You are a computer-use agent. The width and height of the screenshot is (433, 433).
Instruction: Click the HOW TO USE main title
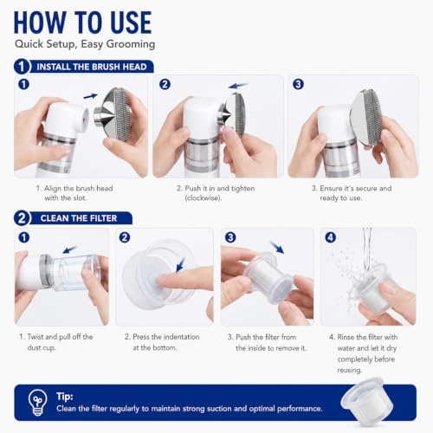coord(82,23)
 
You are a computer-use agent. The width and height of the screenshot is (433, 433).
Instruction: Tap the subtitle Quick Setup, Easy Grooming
coord(85,44)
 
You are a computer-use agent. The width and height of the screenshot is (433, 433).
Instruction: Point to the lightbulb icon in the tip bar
coord(37,402)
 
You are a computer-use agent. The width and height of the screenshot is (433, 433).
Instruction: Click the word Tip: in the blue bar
coord(65,397)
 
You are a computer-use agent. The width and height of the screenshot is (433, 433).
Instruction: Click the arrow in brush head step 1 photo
coord(90,96)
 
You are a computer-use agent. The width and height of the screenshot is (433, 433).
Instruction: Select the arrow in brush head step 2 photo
coord(238,86)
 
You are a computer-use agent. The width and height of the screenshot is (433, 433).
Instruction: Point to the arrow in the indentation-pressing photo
coord(180,264)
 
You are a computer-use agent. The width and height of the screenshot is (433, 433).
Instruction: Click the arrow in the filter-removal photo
coord(277,248)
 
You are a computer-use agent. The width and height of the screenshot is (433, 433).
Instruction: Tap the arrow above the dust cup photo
coord(70,249)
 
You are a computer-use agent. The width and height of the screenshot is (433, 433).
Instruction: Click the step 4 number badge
coord(331,237)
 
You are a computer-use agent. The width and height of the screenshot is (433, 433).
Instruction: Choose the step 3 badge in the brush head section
coord(298,84)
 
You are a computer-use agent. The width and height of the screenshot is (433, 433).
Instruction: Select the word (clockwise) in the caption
coord(204,198)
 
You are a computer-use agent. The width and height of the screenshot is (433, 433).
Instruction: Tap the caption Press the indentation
coord(162,337)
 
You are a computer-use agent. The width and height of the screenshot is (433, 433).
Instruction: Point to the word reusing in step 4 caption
coord(350,370)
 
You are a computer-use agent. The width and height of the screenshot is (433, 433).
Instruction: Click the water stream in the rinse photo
coord(367,249)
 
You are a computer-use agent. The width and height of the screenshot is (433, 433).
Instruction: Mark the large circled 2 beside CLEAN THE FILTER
coord(22,218)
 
